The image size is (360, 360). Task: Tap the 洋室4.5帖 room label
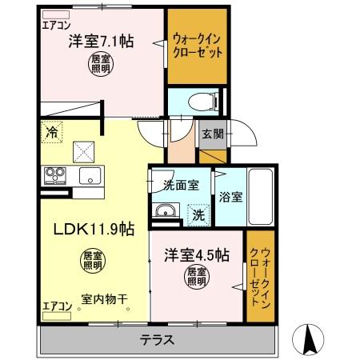[x=198, y=255]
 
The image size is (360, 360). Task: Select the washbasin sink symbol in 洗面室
[x=166, y=211]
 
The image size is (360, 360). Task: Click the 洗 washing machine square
[x=197, y=214]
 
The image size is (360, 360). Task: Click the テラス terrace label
[x=158, y=338]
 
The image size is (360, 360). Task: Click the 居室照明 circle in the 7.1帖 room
[x=100, y=63]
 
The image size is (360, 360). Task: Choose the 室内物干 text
[x=105, y=300]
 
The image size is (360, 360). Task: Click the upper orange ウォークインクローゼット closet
[x=197, y=47]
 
